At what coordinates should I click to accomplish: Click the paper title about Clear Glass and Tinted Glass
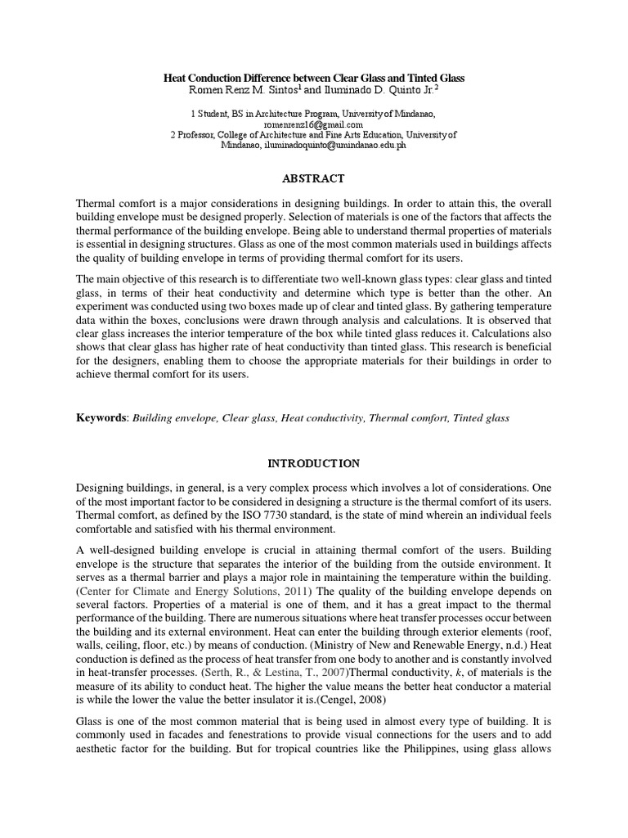(x=314, y=77)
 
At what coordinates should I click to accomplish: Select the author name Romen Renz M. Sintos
(x=221, y=90)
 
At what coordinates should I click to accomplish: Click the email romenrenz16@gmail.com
(x=314, y=124)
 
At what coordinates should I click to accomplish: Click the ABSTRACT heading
(x=314, y=178)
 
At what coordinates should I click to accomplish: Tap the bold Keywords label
(x=101, y=417)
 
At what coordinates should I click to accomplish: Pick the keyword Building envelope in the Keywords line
(x=173, y=417)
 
